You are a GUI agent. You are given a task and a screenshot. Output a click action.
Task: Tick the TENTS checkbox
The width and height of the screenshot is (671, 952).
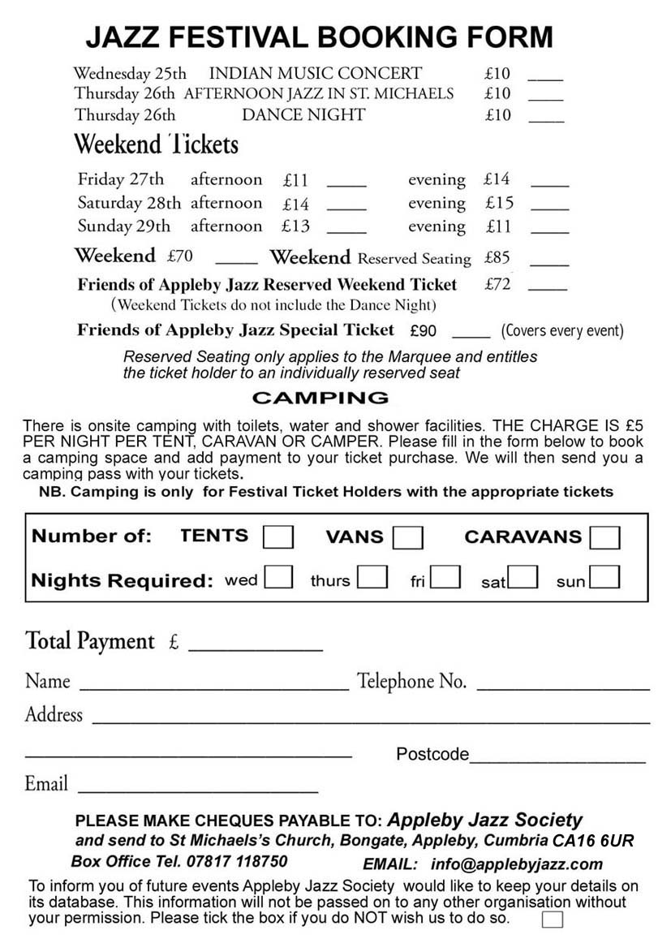(x=278, y=537)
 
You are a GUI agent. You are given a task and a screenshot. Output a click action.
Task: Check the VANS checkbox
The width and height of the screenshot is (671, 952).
(x=407, y=537)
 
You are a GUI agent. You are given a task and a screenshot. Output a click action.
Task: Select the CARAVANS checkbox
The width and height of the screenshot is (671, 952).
(x=605, y=537)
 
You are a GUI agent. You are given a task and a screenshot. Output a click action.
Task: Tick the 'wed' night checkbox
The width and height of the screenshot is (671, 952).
(x=278, y=577)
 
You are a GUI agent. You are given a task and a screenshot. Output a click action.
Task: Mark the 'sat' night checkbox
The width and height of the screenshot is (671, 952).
(x=523, y=577)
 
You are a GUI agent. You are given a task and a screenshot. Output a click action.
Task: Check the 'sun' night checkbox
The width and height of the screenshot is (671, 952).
(x=605, y=577)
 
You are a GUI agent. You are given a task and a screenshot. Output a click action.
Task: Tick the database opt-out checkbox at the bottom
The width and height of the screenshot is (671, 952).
(x=552, y=920)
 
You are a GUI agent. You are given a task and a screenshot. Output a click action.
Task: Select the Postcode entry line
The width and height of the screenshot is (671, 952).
(x=557, y=760)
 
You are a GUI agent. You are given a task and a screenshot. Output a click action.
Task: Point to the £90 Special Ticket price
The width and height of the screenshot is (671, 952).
(x=424, y=331)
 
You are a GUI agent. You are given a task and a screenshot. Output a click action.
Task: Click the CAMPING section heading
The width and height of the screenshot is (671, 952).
(x=320, y=398)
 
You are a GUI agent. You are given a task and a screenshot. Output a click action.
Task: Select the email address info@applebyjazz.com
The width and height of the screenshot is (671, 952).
(x=517, y=864)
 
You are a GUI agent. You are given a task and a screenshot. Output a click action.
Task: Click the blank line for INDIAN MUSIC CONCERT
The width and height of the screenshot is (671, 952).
(x=545, y=77)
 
